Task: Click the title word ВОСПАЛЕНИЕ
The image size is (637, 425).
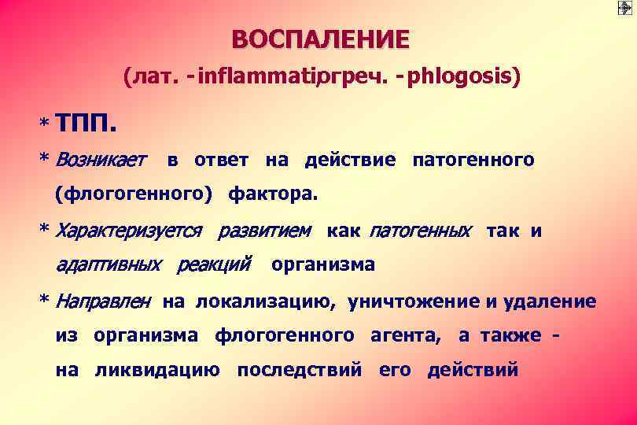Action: coord(321,39)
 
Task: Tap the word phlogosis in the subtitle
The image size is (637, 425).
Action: coord(469,78)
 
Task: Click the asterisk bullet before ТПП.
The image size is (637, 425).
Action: coord(45,125)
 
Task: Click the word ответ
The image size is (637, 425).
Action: coord(222,161)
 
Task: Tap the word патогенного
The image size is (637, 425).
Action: coord(473,161)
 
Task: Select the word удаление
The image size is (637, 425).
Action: coord(550,301)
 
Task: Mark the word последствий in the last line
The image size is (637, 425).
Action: coord(300,370)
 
